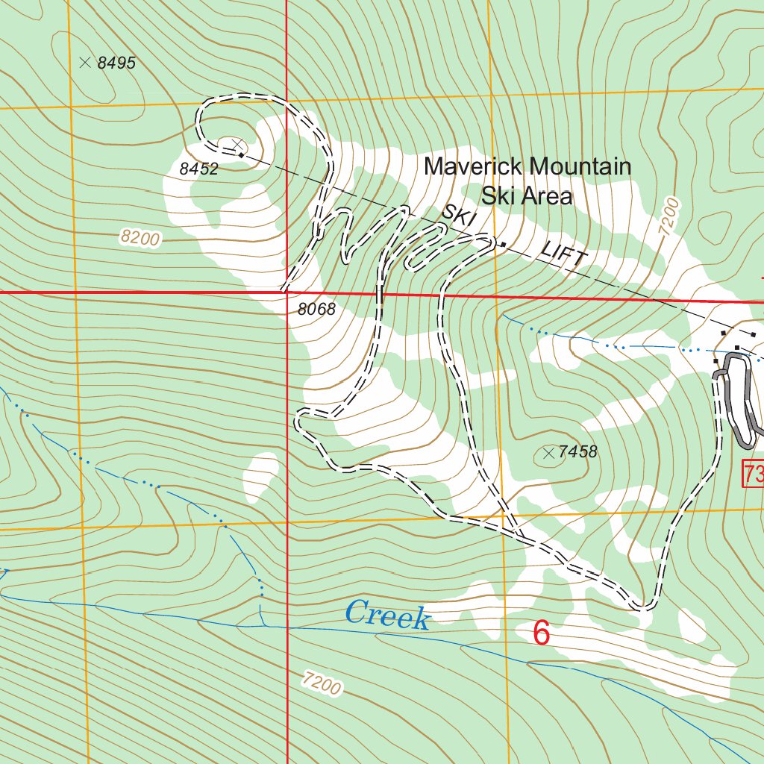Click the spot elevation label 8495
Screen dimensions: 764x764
click(116, 63)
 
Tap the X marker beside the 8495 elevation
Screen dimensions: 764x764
click(85, 63)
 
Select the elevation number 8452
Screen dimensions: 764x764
click(198, 169)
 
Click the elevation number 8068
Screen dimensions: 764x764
click(316, 309)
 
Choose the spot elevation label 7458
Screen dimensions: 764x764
click(577, 452)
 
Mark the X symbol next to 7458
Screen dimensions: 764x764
click(549, 452)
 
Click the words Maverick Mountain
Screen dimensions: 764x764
click(527, 166)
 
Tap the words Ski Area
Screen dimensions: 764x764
click(527, 196)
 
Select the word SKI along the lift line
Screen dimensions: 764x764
click(458, 216)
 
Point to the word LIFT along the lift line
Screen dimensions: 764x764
click(564, 255)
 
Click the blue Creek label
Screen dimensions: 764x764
click(387, 616)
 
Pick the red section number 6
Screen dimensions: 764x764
click(541, 633)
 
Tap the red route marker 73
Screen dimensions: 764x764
click(752, 473)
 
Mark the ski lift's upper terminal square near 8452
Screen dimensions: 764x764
click(241, 154)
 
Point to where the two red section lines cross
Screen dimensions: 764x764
click(287, 292)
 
